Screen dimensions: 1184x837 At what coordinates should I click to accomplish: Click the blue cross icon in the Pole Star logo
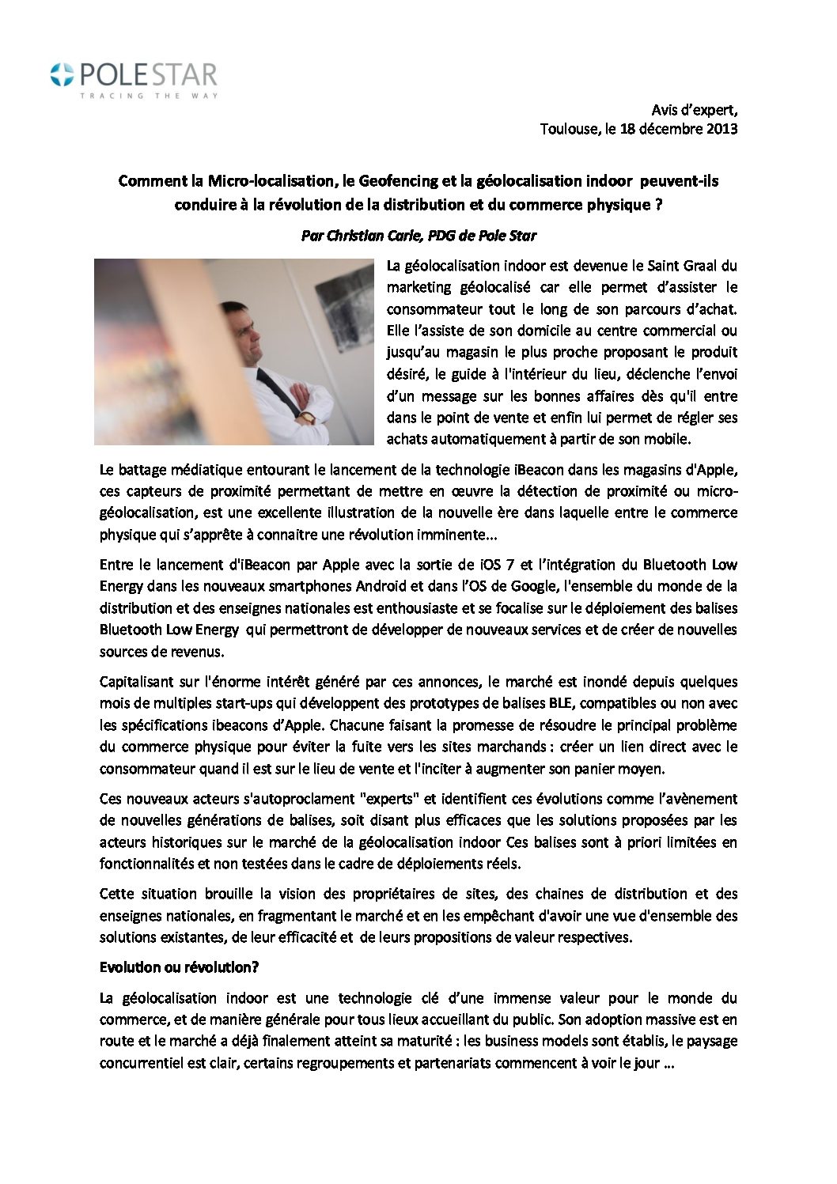(x=59, y=75)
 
